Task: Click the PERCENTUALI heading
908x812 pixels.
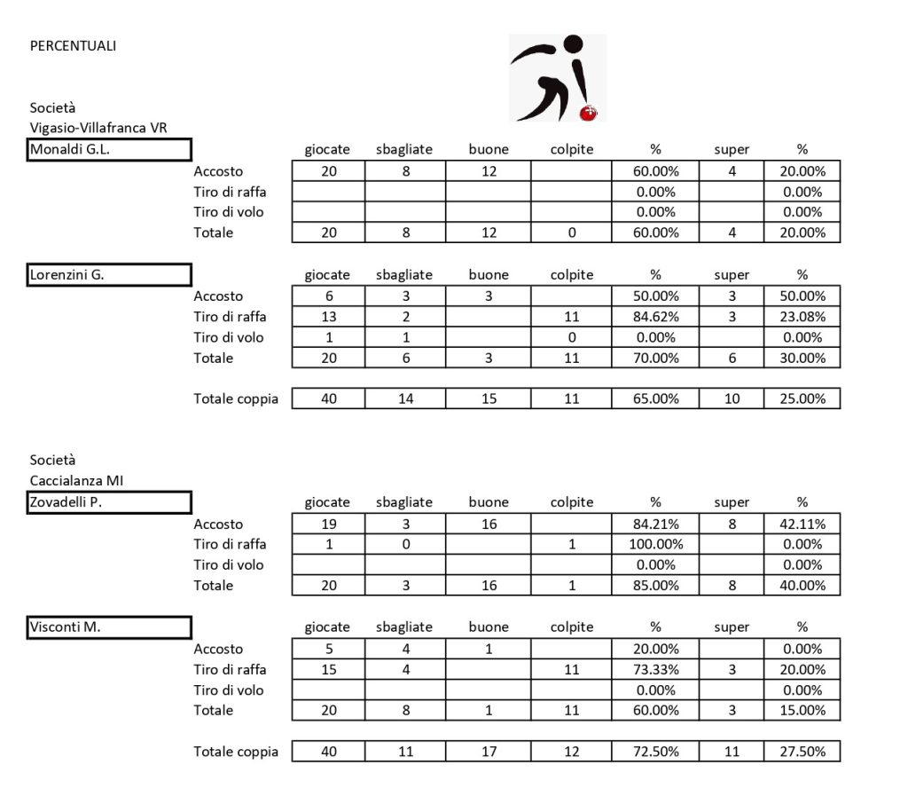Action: click(x=73, y=46)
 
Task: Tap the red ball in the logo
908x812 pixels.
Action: click(x=586, y=113)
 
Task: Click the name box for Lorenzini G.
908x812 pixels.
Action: click(x=110, y=274)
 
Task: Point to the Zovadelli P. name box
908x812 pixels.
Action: click(x=110, y=502)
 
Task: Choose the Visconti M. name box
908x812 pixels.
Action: click(x=110, y=627)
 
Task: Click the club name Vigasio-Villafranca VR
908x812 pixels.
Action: click(x=98, y=128)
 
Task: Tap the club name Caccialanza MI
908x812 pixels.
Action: click(x=76, y=481)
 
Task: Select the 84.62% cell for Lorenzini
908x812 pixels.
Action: click(x=655, y=317)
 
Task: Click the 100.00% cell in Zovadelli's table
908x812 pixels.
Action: click(x=655, y=544)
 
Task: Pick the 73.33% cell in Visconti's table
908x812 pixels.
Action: click(x=655, y=669)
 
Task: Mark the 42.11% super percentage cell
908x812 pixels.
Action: click(x=802, y=524)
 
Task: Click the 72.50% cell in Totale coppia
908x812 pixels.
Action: click(x=655, y=752)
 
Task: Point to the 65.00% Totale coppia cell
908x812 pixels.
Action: click(x=655, y=398)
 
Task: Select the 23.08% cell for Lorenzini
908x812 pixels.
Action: click(x=802, y=317)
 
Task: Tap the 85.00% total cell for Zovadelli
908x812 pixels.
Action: click(x=655, y=586)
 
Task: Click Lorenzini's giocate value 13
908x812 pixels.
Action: click(x=328, y=317)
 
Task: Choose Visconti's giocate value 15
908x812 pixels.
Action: click(x=328, y=669)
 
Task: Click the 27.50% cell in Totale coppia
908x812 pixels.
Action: click(x=802, y=752)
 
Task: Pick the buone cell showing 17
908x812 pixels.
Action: click(x=489, y=752)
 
